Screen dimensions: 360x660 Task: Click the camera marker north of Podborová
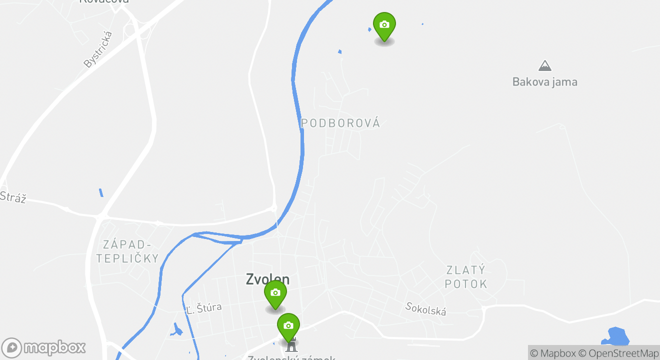pos(384,25)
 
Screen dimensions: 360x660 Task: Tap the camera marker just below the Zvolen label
pos(275,293)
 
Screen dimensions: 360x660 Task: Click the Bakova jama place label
pos(544,82)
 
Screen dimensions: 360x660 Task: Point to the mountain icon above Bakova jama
pos(544,65)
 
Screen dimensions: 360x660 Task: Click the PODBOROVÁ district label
pos(340,123)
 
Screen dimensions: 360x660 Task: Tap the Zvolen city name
pos(267,279)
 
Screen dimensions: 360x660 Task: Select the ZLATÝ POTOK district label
pos(466,277)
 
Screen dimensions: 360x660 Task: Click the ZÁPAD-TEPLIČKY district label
pos(127,251)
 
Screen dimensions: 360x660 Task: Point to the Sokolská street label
pos(425,309)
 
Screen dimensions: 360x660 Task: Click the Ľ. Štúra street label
pos(203,308)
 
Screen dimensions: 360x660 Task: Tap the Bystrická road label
pos(98,49)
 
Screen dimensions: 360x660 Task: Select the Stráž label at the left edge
pos(12,197)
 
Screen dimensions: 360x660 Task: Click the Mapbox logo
pos(43,347)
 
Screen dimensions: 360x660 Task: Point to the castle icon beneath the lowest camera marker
pos(291,345)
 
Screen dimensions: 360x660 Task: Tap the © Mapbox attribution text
pos(552,353)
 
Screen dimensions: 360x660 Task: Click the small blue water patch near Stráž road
pos(101,192)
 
